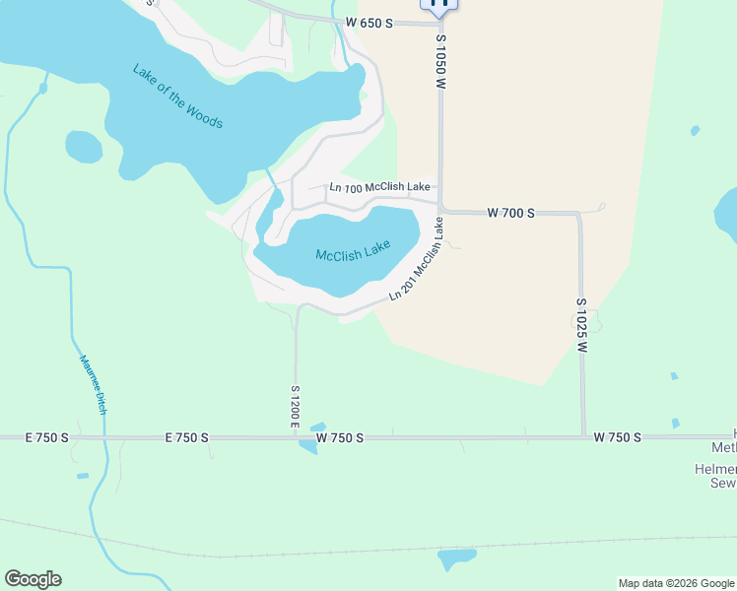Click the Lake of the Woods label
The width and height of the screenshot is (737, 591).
(x=177, y=97)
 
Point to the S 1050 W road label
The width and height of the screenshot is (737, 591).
(x=441, y=64)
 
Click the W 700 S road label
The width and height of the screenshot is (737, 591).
(x=511, y=213)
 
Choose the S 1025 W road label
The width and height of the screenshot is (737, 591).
(x=582, y=326)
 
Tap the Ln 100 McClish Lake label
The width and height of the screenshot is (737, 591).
(x=379, y=187)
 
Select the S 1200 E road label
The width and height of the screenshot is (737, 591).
(x=295, y=405)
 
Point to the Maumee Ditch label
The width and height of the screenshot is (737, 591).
(x=92, y=384)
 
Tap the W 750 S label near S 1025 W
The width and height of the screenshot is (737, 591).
(x=618, y=437)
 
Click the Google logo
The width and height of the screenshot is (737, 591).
(x=33, y=579)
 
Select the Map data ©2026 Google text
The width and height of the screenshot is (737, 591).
(x=676, y=583)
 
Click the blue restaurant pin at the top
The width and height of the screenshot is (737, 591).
(x=439, y=3)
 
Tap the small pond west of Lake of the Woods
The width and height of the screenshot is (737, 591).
(x=84, y=147)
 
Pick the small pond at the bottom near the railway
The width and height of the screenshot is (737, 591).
(x=455, y=558)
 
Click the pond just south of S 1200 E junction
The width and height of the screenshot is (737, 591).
(x=308, y=445)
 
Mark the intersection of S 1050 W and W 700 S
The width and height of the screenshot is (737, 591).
(x=440, y=211)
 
